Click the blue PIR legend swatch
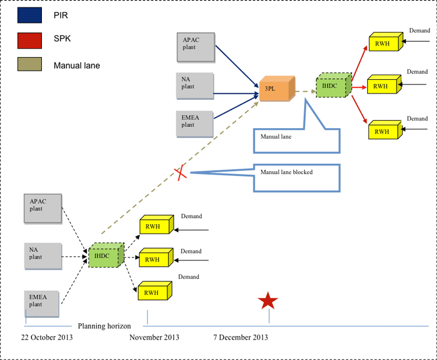click(x=30, y=15)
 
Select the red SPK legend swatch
click(x=30, y=41)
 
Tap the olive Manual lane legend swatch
click(x=30, y=64)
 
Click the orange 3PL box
click(x=277, y=89)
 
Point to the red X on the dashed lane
click(x=181, y=173)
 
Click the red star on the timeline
click(x=268, y=301)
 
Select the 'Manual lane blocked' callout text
click(x=287, y=172)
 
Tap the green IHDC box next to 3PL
click(x=334, y=85)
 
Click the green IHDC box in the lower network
click(x=106, y=255)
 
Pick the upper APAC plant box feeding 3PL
click(x=196, y=47)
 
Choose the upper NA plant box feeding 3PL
click(x=195, y=86)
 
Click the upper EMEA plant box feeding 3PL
click(x=195, y=124)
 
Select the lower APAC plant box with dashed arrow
click(x=43, y=209)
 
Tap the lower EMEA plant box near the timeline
click(x=42, y=304)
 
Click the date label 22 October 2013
click(x=47, y=337)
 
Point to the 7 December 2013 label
click(x=241, y=337)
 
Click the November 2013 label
click(x=154, y=337)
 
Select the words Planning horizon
click(x=104, y=326)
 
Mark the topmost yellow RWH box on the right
click(x=386, y=42)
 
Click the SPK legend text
click(x=62, y=38)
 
